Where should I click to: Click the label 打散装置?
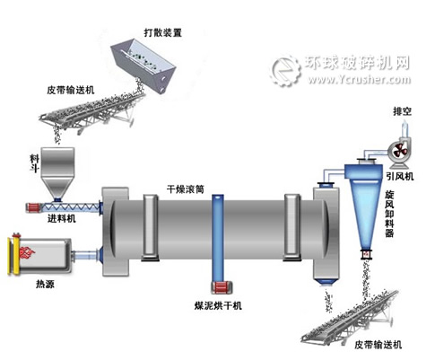[161, 32]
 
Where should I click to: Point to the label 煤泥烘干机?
[220, 305]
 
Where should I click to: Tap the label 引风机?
[396, 176]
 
